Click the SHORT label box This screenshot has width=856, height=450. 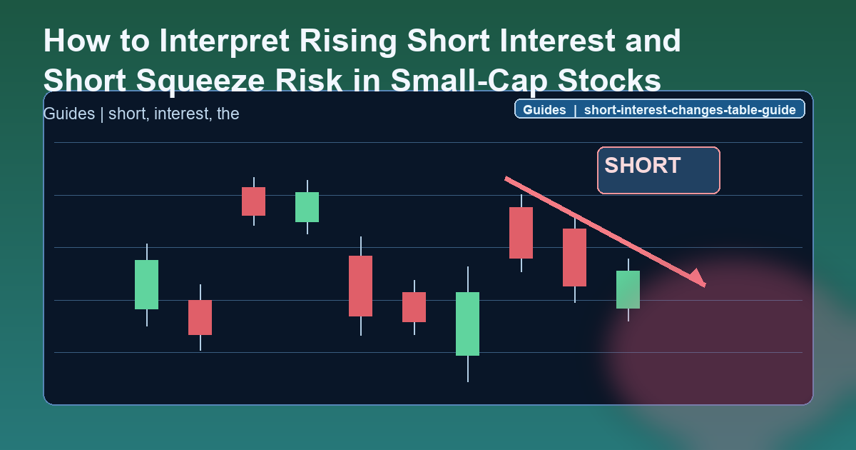(x=658, y=170)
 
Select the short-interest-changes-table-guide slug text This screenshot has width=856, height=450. (x=691, y=110)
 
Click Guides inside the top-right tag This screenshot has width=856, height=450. (x=544, y=110)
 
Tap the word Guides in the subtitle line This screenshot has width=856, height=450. (x=68, y=114)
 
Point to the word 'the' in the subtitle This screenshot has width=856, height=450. (x=228, y=114)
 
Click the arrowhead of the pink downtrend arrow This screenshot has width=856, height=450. (x=697, y=279)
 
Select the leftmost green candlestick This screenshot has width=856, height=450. (x=146, y=284)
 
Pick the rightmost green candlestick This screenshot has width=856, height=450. (x=628, y=289)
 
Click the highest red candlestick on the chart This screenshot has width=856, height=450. (x=253, y=201)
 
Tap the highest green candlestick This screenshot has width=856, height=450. (x=307, y=207)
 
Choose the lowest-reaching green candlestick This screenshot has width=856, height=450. (x=467, y=324)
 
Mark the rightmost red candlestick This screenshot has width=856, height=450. (x=574, y=257)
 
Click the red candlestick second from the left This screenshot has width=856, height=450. (x=253, y=201)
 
